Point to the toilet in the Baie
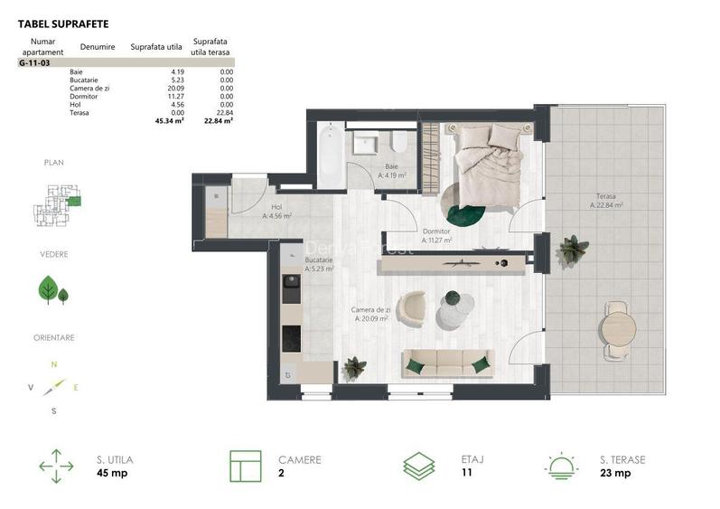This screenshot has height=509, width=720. tap(397, 141)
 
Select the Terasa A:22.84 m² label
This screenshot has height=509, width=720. tap(607, 201)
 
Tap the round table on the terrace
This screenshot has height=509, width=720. tap(620, 325)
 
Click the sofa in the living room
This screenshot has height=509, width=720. tap(446, 363)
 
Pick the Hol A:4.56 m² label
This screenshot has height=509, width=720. tap(276, 212)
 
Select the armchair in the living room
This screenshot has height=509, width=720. tap(412, 307)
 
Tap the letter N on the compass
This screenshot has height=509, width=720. tap(54, 363)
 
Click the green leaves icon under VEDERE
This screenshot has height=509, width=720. tap(51, 290)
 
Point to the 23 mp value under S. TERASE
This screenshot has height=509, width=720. tap(613, 473)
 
